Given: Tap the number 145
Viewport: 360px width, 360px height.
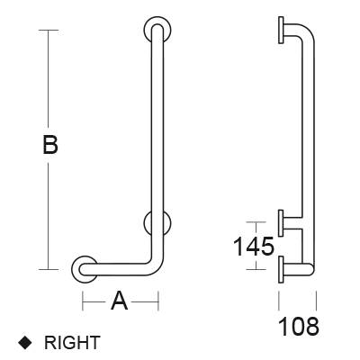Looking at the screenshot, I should pos(254,245).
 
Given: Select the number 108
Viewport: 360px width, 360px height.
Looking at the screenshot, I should pos(297,326).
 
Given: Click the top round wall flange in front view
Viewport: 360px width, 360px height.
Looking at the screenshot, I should pos(157,29).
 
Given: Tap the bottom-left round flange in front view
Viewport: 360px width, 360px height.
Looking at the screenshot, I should pos(84,267).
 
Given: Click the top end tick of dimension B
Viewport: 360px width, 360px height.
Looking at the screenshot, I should pos(49,30).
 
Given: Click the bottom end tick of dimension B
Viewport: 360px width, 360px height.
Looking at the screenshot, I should pos(49,268).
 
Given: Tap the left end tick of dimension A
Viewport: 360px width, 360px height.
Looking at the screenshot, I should pos(84,301).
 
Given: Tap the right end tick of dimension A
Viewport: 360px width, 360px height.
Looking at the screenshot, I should pos(158,301).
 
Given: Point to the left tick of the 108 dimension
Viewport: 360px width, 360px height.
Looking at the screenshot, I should pos(280,300).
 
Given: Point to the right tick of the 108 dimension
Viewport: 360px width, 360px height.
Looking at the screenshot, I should pos(314,300).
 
